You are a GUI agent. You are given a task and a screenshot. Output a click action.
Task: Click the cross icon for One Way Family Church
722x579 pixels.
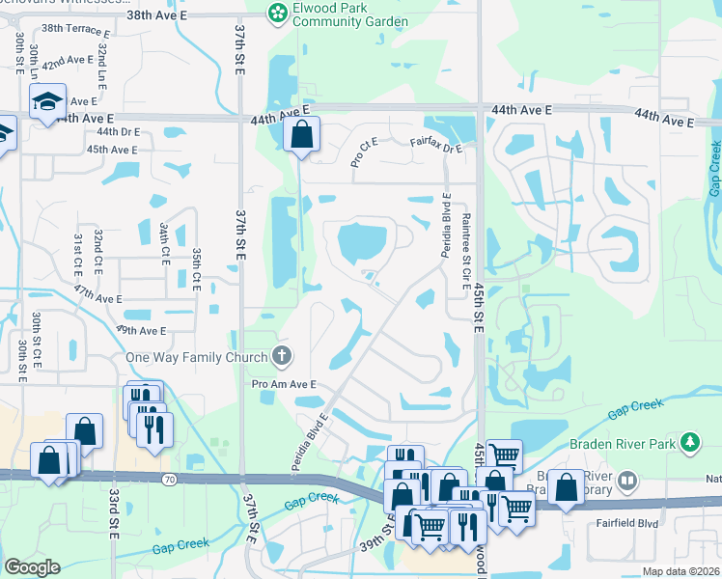[x=282, y=357]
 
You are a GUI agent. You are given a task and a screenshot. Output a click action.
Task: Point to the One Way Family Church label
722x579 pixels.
[x=197, y=358]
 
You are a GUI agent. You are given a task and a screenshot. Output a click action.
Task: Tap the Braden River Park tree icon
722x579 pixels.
[x=689, y=443]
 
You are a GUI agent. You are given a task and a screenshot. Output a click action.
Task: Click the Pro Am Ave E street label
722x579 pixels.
[x=285, y=384]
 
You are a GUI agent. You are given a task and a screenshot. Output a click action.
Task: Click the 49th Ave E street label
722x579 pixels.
[x=142, y=330]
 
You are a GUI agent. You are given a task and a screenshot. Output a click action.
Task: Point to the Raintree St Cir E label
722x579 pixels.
[x=466, y=253]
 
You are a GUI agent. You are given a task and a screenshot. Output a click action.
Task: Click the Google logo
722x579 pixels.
[x=32, y=566]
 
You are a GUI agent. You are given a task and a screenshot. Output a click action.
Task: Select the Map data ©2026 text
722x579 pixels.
[x=681, y=571]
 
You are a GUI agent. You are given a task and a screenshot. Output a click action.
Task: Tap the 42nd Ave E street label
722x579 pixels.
[x=66, y=61]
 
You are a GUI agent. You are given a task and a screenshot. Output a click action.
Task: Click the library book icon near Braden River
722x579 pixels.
[x=627, y=479]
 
